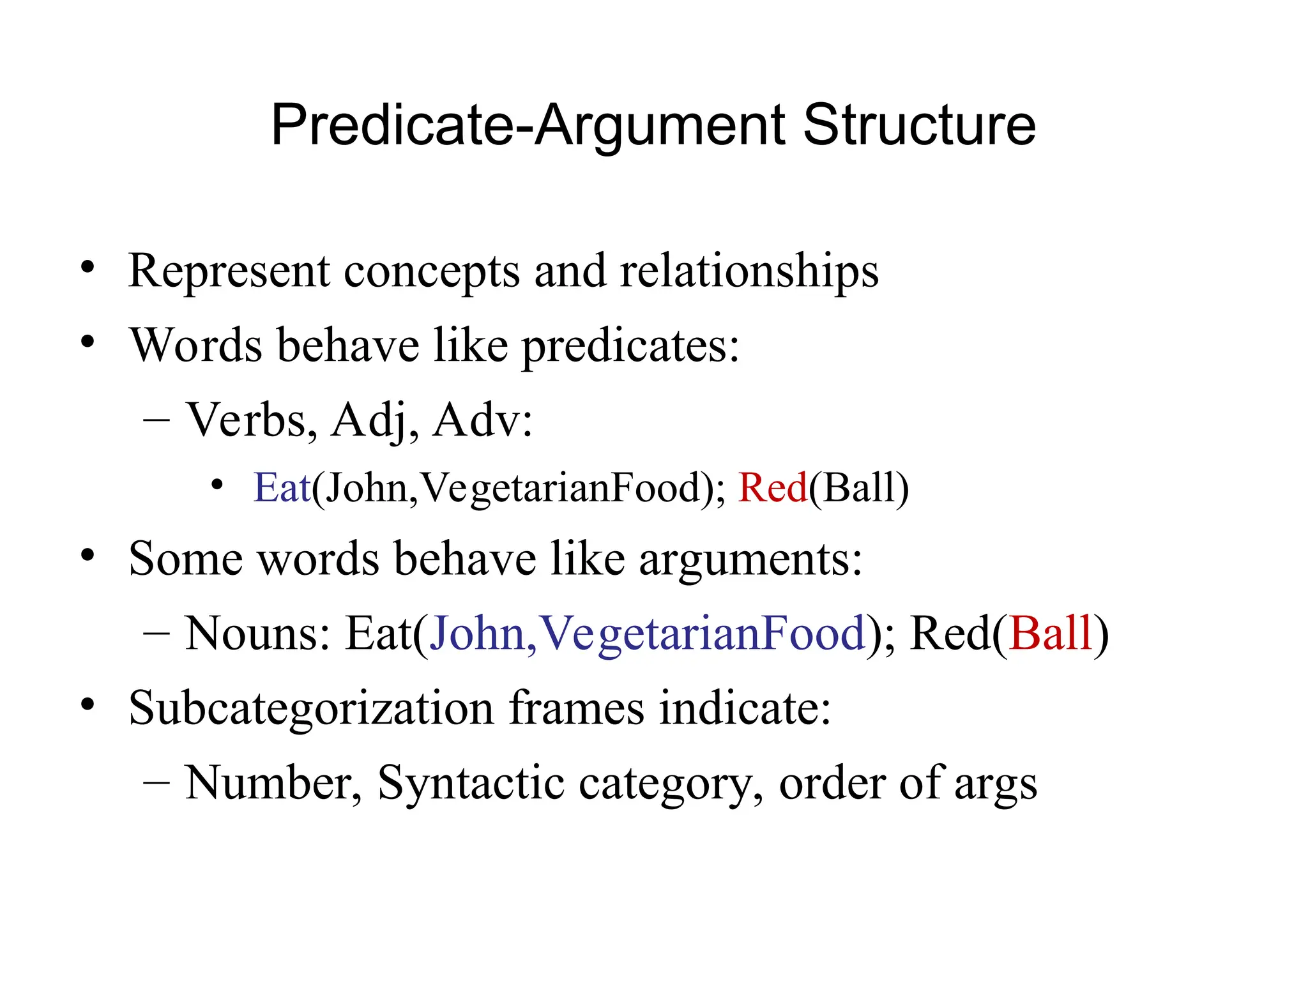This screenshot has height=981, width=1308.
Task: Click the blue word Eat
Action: [x=282, y=488]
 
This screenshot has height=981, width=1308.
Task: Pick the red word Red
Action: [x=773, y=488]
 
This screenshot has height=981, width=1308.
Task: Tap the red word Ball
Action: [x=1051, y=634]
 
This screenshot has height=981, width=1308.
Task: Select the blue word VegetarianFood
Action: [x=703, y=634]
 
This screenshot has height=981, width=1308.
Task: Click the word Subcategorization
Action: [x=311, y=708]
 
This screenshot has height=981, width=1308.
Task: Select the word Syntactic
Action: [x=471, y=784]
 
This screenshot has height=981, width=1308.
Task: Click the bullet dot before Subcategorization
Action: [x=88, y=704]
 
